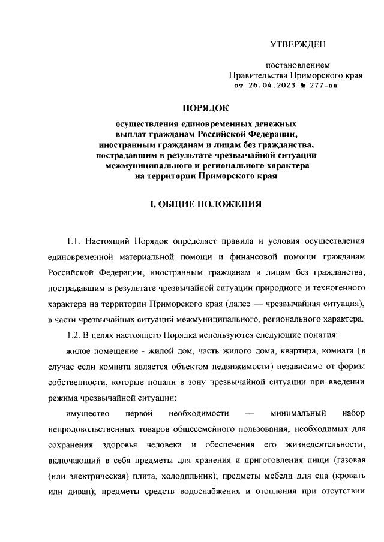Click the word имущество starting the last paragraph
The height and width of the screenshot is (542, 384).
(x=86, y=414)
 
